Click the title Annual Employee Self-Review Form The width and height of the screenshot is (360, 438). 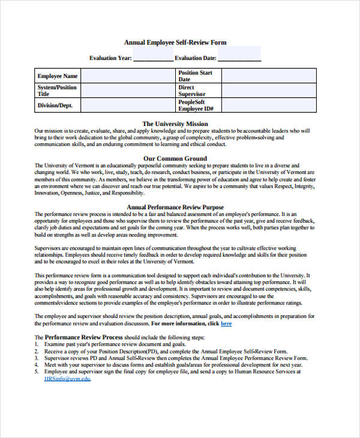pos(175,43)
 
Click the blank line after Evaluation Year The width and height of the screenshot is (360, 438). pos(152,58)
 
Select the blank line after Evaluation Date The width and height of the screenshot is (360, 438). pos(239,58)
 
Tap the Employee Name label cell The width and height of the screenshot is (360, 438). pos(58,76)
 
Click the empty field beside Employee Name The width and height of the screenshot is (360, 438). pos(127,76)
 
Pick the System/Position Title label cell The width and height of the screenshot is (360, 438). pos(58,91)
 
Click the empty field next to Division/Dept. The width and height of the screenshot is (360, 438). pos(127,106)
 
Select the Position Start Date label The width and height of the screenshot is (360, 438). pos(196,76)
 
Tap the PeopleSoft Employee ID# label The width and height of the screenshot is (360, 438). pos(196,106)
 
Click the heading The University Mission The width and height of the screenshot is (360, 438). pos(175,124)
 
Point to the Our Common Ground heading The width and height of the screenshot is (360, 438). pos(175,158)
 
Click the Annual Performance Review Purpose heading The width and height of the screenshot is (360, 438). pos(175,207)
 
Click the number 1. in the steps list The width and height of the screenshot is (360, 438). pos(37,345)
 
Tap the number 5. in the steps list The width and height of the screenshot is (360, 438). pos(37,372)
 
